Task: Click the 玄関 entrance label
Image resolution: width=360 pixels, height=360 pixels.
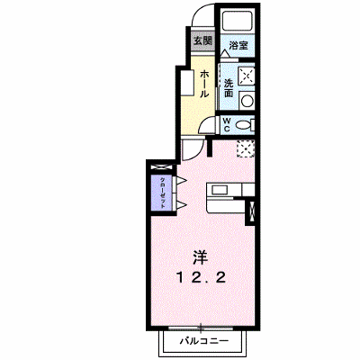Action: (203, 41)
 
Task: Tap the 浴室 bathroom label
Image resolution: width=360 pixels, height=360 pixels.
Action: (238, 45)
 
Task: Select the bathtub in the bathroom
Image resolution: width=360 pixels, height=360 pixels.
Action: (238, 21)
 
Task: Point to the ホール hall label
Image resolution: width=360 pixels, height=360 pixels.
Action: (204, 84)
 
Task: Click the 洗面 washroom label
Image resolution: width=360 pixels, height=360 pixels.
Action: (229, 88)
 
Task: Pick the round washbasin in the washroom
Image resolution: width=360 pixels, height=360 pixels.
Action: (247, 101)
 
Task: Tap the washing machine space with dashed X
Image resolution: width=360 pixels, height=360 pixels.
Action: (247, 75)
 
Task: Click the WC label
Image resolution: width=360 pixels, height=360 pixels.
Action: (227, 124)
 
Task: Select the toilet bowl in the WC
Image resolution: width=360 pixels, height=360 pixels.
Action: (243, 124)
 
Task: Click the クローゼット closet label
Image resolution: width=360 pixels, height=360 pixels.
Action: (163, 193)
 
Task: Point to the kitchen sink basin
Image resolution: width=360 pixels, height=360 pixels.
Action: (220, 189)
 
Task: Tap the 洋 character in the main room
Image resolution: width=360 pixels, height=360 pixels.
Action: (201, 257)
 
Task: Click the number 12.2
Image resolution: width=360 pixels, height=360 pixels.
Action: (201, 278)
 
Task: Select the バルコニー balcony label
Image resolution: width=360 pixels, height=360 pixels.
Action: (204, 341)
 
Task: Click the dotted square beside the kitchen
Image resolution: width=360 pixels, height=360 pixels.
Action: (246, 149)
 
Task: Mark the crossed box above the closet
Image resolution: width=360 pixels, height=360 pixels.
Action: (162, 167)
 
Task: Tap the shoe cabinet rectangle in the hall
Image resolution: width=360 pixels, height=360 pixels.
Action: (188, 83)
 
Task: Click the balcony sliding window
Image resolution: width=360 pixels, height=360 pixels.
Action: (201, 328)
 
